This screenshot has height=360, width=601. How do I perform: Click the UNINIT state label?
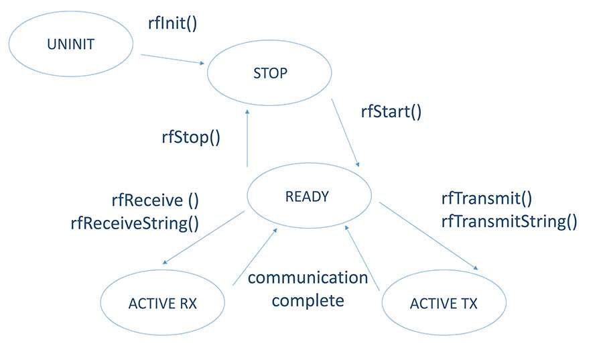[x=70, y=44]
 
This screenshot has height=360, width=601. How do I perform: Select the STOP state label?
[x=270, y=73]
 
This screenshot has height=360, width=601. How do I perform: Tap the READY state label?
[x=307, y=196]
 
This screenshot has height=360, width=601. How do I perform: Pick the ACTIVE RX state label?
[x=163, y=303]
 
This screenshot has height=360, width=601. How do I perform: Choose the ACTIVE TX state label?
[x=444, y=303]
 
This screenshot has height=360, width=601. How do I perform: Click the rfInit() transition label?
[x=172, y=23]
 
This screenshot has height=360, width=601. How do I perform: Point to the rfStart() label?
[x=391, y=111]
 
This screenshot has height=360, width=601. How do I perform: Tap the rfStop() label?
[x=191, y=137]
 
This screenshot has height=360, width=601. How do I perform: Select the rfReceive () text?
[x=155, y=200]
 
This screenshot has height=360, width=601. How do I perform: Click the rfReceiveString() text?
[x=135, y=223]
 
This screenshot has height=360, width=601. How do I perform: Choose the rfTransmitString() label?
[x=509, y=221]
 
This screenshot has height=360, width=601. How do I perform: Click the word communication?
[x=308, y=278]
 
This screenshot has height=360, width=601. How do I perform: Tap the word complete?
[x=308, y=300]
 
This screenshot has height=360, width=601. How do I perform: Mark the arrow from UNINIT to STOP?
[x=172, y=59]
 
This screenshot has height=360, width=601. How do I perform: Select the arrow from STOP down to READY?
[x=345, y=133]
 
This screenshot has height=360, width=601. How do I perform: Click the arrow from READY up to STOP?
[x=247, y=138]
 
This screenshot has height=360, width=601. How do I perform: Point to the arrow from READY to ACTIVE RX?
[x=204, y=237]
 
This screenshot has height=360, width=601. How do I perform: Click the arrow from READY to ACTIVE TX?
[x=429, y=236]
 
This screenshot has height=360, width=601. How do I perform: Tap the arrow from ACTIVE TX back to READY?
[x=362, y=257]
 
